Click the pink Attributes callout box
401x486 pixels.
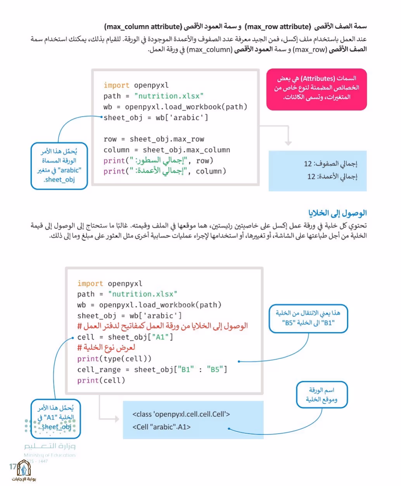316,89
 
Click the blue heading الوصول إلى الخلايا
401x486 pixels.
337,213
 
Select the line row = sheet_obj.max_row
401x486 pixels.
154,139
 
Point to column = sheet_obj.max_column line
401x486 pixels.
167,150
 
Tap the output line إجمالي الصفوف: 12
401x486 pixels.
330,164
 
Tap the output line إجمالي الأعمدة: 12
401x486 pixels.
332,177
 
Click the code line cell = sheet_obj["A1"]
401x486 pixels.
125,337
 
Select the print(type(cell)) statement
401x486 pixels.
114,359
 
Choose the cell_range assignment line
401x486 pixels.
152,369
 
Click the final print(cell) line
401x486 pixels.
101,380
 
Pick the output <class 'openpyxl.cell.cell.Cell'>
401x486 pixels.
181,414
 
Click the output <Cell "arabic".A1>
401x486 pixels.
161,427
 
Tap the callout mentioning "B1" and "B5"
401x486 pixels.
308,318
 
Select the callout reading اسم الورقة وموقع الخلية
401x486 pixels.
322,395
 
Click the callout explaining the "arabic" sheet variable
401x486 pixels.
59,166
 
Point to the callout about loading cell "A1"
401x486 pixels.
56,419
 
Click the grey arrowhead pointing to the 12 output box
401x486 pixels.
288,143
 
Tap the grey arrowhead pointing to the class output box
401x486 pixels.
116,419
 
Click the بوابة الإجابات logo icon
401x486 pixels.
24,468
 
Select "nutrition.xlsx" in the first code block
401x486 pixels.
169,96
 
